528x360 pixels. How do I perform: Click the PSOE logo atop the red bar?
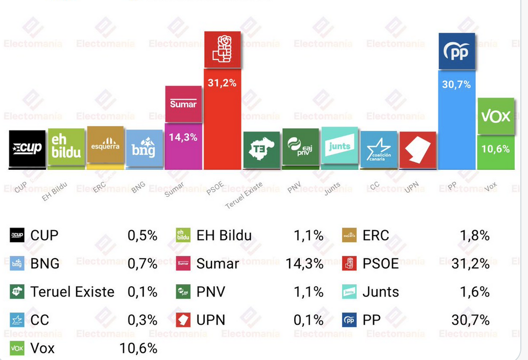(x=223, y=50)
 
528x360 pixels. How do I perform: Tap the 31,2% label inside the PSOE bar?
(x=222, y=83)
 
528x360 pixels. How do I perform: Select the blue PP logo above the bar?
(x=456, y=51)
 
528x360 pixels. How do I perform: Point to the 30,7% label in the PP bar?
(x=456, y=85)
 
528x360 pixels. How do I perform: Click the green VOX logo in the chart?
(x=496, y=116)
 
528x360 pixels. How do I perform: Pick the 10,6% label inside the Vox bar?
(x=495, y=149)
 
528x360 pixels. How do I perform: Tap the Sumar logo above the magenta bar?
(x=183, y=104)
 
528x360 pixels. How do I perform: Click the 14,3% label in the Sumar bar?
(x=183, y=137)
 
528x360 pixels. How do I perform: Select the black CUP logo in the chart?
(x=27, y=149)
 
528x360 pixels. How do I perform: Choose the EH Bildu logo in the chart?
(x=66, y=147)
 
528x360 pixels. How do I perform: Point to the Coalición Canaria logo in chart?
(x=379, y=149)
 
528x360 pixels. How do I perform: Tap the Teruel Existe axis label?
(x=244, y=195)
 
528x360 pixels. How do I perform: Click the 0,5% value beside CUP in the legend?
(x=142, y=235)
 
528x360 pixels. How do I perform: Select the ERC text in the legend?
(x=376, y=235)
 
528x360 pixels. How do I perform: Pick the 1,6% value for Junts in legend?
(x=475, y=291)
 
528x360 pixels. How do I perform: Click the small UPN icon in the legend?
(x=183, y=320)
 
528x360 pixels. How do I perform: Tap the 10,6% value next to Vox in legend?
(x=138, y=348)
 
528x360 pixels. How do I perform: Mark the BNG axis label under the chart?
(x=138, y=188)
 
